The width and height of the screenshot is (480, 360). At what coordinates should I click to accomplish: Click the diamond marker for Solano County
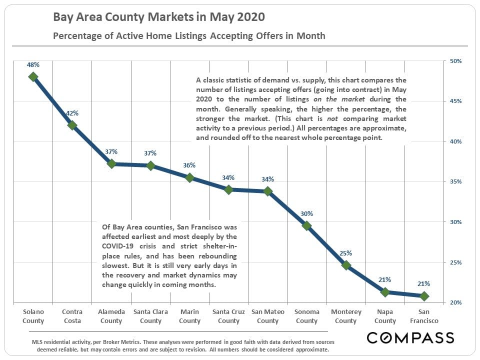(33, 76)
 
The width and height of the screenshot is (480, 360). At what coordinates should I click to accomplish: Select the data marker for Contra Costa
(72, 125)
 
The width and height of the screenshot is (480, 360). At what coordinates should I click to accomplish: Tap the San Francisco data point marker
(424, 296)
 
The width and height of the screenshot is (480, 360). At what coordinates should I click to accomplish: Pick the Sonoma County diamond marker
(307, 226)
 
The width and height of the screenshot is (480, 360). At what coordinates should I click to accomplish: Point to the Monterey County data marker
(346, 265)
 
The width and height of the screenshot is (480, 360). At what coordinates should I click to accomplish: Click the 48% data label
(33, 64)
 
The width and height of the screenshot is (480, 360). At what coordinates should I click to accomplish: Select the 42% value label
(72, 113)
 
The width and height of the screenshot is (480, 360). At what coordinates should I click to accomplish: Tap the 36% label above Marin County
(189, 165)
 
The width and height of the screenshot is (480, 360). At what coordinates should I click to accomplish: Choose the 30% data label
(307, 213)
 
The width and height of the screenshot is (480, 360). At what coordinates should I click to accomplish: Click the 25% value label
(346, 253)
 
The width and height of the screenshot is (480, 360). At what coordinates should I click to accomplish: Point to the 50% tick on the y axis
(455, 61)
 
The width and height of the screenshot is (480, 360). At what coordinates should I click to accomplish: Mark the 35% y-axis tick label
(455, 182)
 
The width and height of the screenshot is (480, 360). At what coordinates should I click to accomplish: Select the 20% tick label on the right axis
(455, 302)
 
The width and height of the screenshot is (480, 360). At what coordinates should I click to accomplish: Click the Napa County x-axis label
(385, 316)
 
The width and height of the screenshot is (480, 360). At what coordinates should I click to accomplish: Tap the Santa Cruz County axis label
(228, 316)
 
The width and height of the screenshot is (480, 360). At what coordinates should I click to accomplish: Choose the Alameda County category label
(111, 316)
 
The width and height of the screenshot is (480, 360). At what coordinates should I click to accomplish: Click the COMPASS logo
(410, 338)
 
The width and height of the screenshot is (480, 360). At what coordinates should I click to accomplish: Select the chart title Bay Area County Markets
(159, 17)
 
